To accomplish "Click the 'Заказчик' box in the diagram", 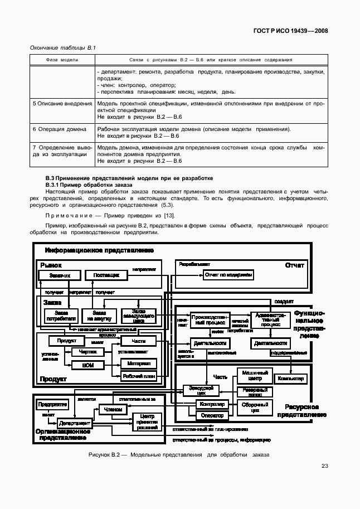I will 60,275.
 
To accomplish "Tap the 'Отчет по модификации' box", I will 229,275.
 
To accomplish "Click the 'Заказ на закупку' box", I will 99,316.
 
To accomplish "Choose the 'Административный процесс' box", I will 270,319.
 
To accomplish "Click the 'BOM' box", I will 87,365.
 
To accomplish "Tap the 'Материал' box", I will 139,363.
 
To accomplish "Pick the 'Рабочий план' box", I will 139,376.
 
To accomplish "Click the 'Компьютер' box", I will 290,379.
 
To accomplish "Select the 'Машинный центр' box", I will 254,376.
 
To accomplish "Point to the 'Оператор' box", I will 212,415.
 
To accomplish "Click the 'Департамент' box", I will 75,423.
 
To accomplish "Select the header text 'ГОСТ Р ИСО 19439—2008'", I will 289,31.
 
